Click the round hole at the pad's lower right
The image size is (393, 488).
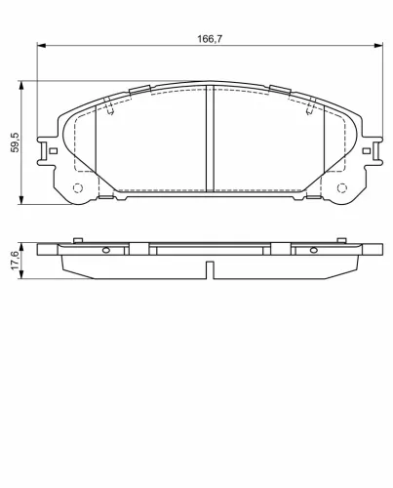[341, 188]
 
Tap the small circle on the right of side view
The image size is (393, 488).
[312, 249]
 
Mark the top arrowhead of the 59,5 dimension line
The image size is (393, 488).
[22, 86]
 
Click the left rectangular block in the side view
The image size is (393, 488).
[138, 250]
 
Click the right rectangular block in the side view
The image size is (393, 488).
[280, 250]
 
